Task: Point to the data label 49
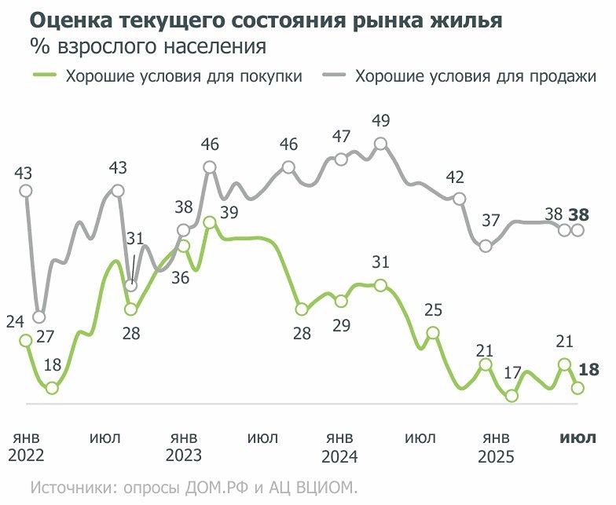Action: (380, 120)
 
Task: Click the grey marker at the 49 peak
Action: (380, 144)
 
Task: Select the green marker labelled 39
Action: (210, 223)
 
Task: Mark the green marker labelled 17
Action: (512, 396)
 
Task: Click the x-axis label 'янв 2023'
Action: (183, 446)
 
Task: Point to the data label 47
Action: (341, 136)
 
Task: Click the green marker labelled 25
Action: (432, 333)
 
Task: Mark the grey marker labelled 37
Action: (486, 246)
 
